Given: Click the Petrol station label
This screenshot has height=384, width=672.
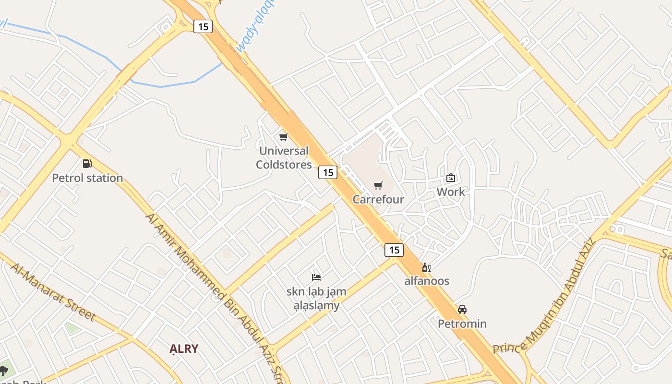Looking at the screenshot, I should click(x=87, y=178).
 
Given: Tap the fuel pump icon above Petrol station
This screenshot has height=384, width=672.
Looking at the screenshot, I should click(x=87, y=164).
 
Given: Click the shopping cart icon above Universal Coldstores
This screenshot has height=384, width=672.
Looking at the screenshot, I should click(x=284, y=137).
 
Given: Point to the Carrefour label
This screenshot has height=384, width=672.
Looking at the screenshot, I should click(x=378, y=199).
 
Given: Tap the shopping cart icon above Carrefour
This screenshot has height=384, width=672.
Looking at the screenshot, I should click(x=378, y=185).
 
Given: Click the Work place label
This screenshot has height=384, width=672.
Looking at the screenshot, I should click(x=451, y=192).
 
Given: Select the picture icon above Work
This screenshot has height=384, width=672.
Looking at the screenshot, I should click(x=451, y=178).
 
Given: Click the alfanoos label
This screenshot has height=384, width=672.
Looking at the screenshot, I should click(x=427, y=281).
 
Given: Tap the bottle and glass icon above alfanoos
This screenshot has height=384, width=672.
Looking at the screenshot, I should click(x=426, y=267).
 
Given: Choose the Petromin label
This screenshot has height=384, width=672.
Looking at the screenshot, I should click(x=462, y=324).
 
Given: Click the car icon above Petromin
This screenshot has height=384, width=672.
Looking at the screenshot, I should click(x=462, y=310).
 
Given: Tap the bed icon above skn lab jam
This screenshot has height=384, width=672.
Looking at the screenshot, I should click(x=316, y=277).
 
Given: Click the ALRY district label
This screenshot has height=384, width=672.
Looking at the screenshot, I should click(x=184, y=349).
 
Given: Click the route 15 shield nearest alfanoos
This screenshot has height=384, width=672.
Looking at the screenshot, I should click(x=394, y=250).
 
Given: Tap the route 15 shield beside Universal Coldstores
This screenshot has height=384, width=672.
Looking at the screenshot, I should click(x=328, y=172).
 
